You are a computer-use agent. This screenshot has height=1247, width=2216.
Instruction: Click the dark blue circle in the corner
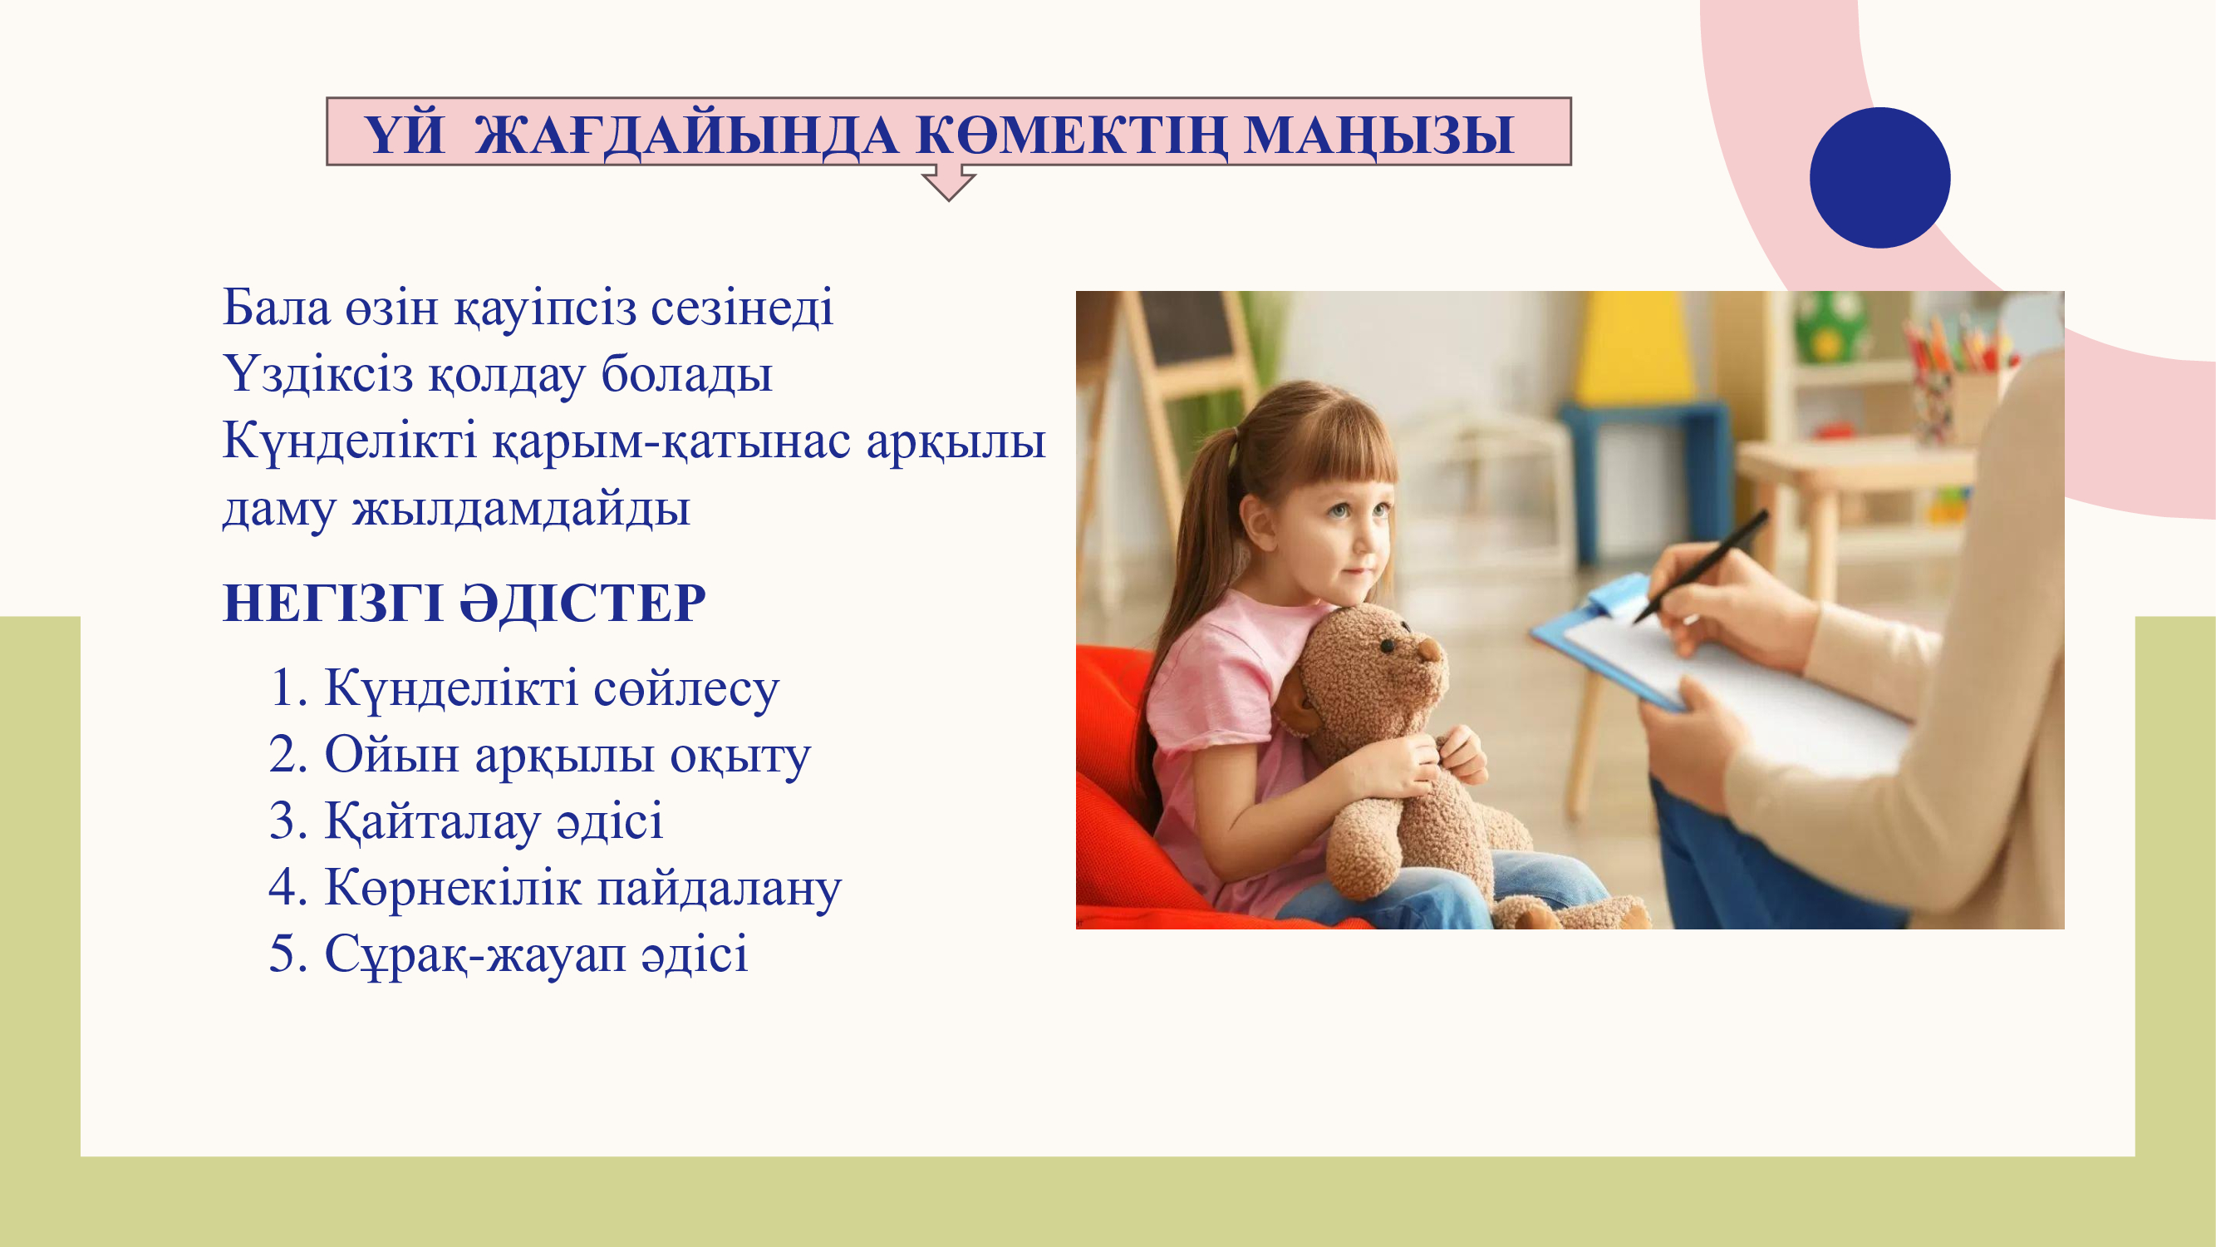[x=1879, y=177]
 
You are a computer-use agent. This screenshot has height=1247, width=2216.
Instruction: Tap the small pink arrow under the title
[x=948, y=182]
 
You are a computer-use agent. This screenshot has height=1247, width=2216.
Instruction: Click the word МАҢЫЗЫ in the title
[x=1379, y=136]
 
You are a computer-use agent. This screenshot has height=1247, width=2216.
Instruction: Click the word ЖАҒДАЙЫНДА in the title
[x=687, y=136]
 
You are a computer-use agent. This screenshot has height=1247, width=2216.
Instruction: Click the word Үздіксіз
[x=318, y=374]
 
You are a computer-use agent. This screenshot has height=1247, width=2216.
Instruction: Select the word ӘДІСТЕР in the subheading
[x=583, y=603]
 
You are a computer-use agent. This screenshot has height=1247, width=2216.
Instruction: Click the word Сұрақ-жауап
[x=475, y=955]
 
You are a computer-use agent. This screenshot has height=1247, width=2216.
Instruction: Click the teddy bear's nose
[x=1430, y=653]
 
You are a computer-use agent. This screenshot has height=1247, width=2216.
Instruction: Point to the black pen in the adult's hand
[x=1700, y=566]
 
